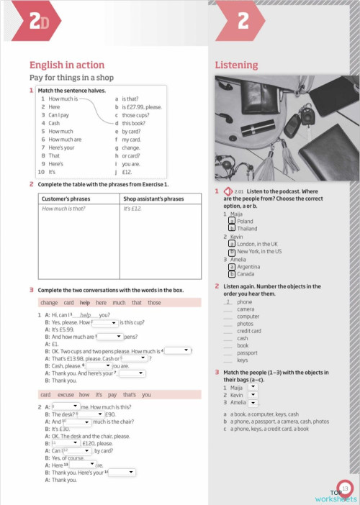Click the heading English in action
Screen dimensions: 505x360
tap(67, 65)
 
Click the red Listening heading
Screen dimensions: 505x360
tap(236, 65)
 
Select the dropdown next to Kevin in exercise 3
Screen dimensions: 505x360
tap(252, 395)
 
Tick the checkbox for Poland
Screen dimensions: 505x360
tap(231, 221)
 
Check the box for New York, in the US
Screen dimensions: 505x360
tap(231, 251)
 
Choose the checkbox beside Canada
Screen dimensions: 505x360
tap(231, 274)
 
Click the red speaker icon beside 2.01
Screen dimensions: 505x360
tap(228, 192)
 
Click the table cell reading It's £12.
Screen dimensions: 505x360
tap(132, 209)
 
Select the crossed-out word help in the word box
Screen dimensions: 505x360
tap(84, 302)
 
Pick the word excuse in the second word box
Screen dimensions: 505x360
tap(66, 394)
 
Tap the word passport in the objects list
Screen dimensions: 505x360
tap(248, 352)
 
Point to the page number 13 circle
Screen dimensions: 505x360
tap(345, 488)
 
